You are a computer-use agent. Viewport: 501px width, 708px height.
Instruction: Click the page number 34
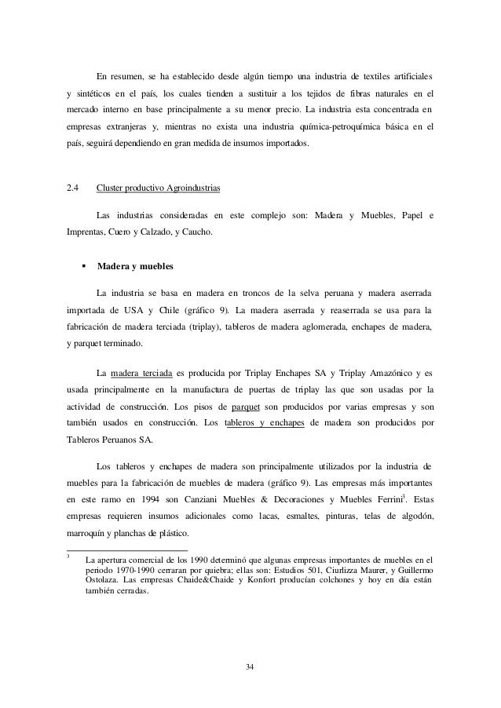coord(250,668)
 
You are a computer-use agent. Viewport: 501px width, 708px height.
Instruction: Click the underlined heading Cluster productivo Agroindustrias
coord(158,188)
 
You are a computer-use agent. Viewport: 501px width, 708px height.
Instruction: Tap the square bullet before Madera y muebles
coord(82,267)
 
